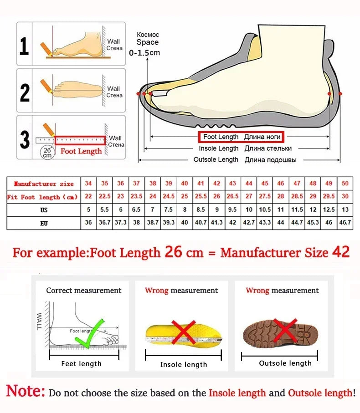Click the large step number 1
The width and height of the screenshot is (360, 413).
click(x=24, y=46)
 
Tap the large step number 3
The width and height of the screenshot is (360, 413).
click(x=25, y=139)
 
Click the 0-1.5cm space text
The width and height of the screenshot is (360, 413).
click(x=144, y=53)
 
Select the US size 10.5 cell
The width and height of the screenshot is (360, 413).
click(x=265, y=210)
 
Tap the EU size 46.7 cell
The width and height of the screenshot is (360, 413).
click(x=345, y=223)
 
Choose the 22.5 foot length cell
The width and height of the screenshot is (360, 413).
click(x=104, y=197)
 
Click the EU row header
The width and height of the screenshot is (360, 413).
click(x=44, y=223)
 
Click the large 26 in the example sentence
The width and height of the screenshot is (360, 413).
click(x=173, y=252)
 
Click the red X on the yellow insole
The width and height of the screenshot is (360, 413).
click(x=183, y=332)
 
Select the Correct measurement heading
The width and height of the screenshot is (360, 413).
click(x=84, y=291)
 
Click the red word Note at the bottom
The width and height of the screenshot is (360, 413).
click(x=26, y=391)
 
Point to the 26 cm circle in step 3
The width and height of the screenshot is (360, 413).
click(x=47, y=152)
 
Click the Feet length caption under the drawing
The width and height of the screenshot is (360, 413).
click(x=82, y=363)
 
